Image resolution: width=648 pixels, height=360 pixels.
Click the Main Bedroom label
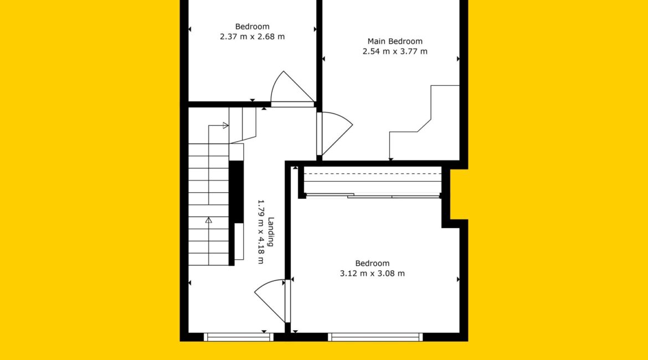coord(395,42)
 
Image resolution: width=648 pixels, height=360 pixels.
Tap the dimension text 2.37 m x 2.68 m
coord(252,37)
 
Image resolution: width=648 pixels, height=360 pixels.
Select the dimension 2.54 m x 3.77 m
coord(395,52)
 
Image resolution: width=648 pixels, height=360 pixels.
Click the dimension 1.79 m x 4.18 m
coord(261,232)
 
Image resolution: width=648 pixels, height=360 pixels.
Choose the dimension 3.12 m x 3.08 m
coord(372,273)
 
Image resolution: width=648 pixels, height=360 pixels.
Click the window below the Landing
coord(239,337)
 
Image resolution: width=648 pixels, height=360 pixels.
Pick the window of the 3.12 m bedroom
coord(376,337)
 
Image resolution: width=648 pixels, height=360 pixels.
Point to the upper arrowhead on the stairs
coord(225,125)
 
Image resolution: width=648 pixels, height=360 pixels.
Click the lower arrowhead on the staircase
coord(209,220)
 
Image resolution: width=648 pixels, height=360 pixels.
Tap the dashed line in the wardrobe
coord(373,173)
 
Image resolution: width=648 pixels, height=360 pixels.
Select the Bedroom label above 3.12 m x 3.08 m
coord(372,263)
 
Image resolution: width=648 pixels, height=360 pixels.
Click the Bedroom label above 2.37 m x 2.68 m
coord(252,27)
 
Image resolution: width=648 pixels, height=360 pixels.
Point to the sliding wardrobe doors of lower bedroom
coord(373,196)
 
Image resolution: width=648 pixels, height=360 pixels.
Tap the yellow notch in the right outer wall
coord(459,194)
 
